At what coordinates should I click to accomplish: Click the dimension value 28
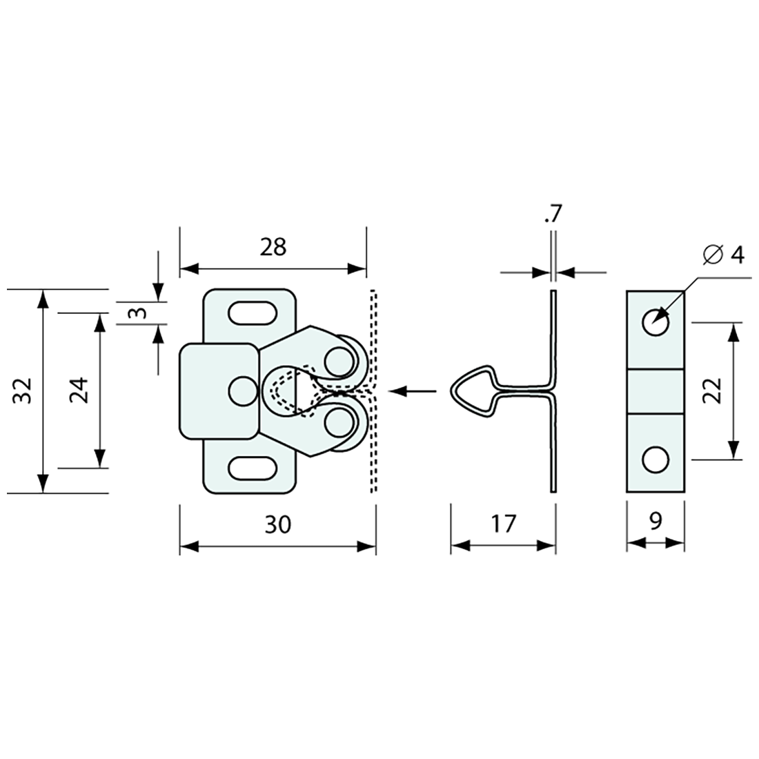point(273,246)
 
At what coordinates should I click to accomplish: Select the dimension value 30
point(278,524)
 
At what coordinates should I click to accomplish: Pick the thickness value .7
point(553,215)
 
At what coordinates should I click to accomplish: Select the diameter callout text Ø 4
point(724,255)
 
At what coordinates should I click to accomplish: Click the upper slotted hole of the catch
point(250,312)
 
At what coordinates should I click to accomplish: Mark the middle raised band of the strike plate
point(655,391)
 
